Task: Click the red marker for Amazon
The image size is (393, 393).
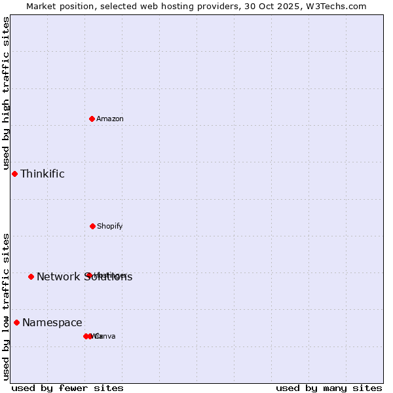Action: (x=92, y=119)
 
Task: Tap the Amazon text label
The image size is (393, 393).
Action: (x=110, y=119)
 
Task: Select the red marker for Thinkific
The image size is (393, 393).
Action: (x=14, y=174)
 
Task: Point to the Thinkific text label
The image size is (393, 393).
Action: (x=43, y=174)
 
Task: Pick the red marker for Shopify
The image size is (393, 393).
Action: (x=92, y=226)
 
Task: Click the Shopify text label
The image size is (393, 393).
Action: (x=110, y=226)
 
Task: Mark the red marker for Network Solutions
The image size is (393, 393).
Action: (x=31, y=276)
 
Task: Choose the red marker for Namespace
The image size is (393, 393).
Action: (x=16, y=322)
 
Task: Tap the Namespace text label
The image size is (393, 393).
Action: (x=52, y=322)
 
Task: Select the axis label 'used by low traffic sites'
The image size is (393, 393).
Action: (x=6, y=307)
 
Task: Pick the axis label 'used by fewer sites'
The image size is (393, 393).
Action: (x=67, y=388)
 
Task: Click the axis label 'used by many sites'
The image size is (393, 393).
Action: (x=329, y=388)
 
